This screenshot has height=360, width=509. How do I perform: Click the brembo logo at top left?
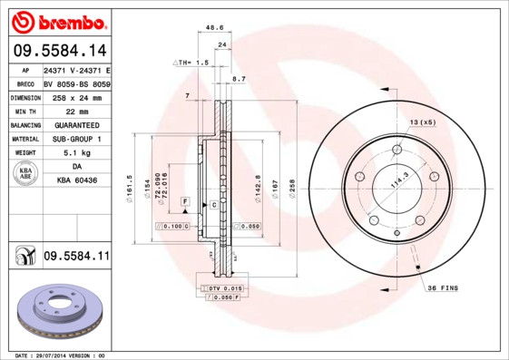click(58, 21)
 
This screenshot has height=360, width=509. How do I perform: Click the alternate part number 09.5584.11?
click(76, 258)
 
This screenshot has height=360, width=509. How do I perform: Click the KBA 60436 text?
click(76, 181)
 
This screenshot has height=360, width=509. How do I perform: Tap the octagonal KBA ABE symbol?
click(26, 173)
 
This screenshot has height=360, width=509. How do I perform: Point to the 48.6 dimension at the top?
click(215, 28)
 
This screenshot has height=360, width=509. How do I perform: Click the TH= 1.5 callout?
click(191, 63)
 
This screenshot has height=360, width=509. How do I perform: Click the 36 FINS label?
click(444, 287)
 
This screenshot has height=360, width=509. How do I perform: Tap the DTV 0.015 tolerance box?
click(220, 287)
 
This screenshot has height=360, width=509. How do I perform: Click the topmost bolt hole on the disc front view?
click(397, 151)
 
